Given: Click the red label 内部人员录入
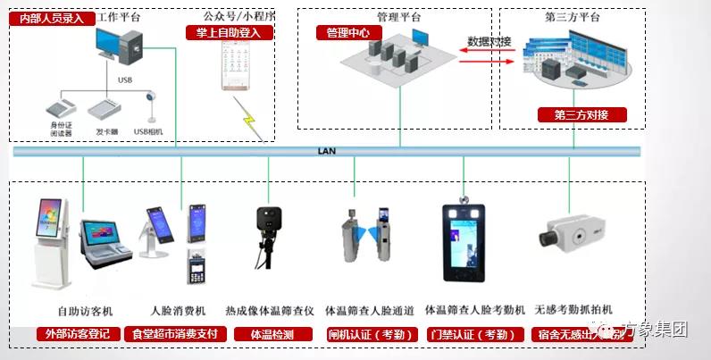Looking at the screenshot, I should (x=51, y=18).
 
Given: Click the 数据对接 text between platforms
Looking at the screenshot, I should (x=488, y=42).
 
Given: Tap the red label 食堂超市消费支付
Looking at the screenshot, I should (x=175, y=334).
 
